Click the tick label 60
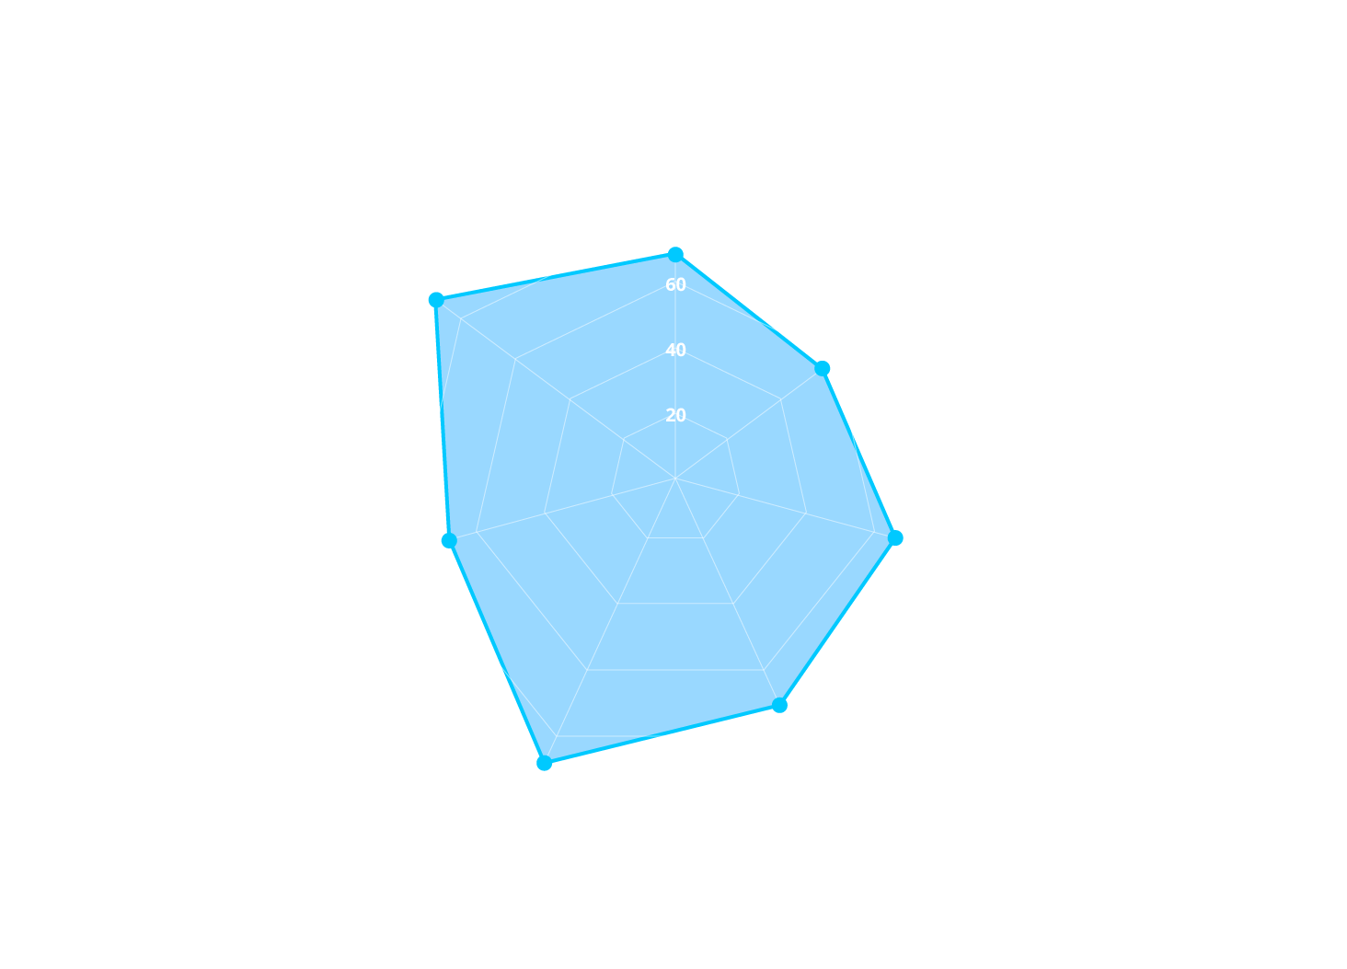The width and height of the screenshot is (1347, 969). [x=675, y=285]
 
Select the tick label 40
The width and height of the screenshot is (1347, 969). [x=675, y=350]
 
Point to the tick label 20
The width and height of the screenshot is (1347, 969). [x=675, y=415]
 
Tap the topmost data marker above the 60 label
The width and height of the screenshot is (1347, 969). [x=675, y=254]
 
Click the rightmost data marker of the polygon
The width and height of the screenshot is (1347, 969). [x=895, y=537]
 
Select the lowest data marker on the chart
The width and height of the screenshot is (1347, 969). [x=544, y=763]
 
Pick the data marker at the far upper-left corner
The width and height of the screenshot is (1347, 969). [x=436, y=300]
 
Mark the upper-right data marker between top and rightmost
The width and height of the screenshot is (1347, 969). [x=822, y=369]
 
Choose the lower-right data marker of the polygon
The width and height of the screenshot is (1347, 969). [x=779, y=705]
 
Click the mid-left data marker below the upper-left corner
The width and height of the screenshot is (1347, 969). [x=449, y=541]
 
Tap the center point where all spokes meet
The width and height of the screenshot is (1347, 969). [x=675, y=479]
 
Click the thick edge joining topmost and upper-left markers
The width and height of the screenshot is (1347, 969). [x=556, y=277]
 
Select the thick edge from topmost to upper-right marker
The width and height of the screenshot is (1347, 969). [x=749, y=312]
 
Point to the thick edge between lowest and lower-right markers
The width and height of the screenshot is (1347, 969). [x=662, y=733]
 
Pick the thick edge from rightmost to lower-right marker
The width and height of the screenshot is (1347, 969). [x=837, y=621]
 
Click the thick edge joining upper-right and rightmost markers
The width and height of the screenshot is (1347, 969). [x=858, y=454]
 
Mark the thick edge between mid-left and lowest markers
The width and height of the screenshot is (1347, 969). [x=497, y=652]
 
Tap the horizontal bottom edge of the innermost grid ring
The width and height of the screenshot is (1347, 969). [x=675, y=537]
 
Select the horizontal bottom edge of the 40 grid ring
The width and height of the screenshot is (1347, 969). [x=675, y=603]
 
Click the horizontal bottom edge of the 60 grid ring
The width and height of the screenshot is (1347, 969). [x=675, y=669]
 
